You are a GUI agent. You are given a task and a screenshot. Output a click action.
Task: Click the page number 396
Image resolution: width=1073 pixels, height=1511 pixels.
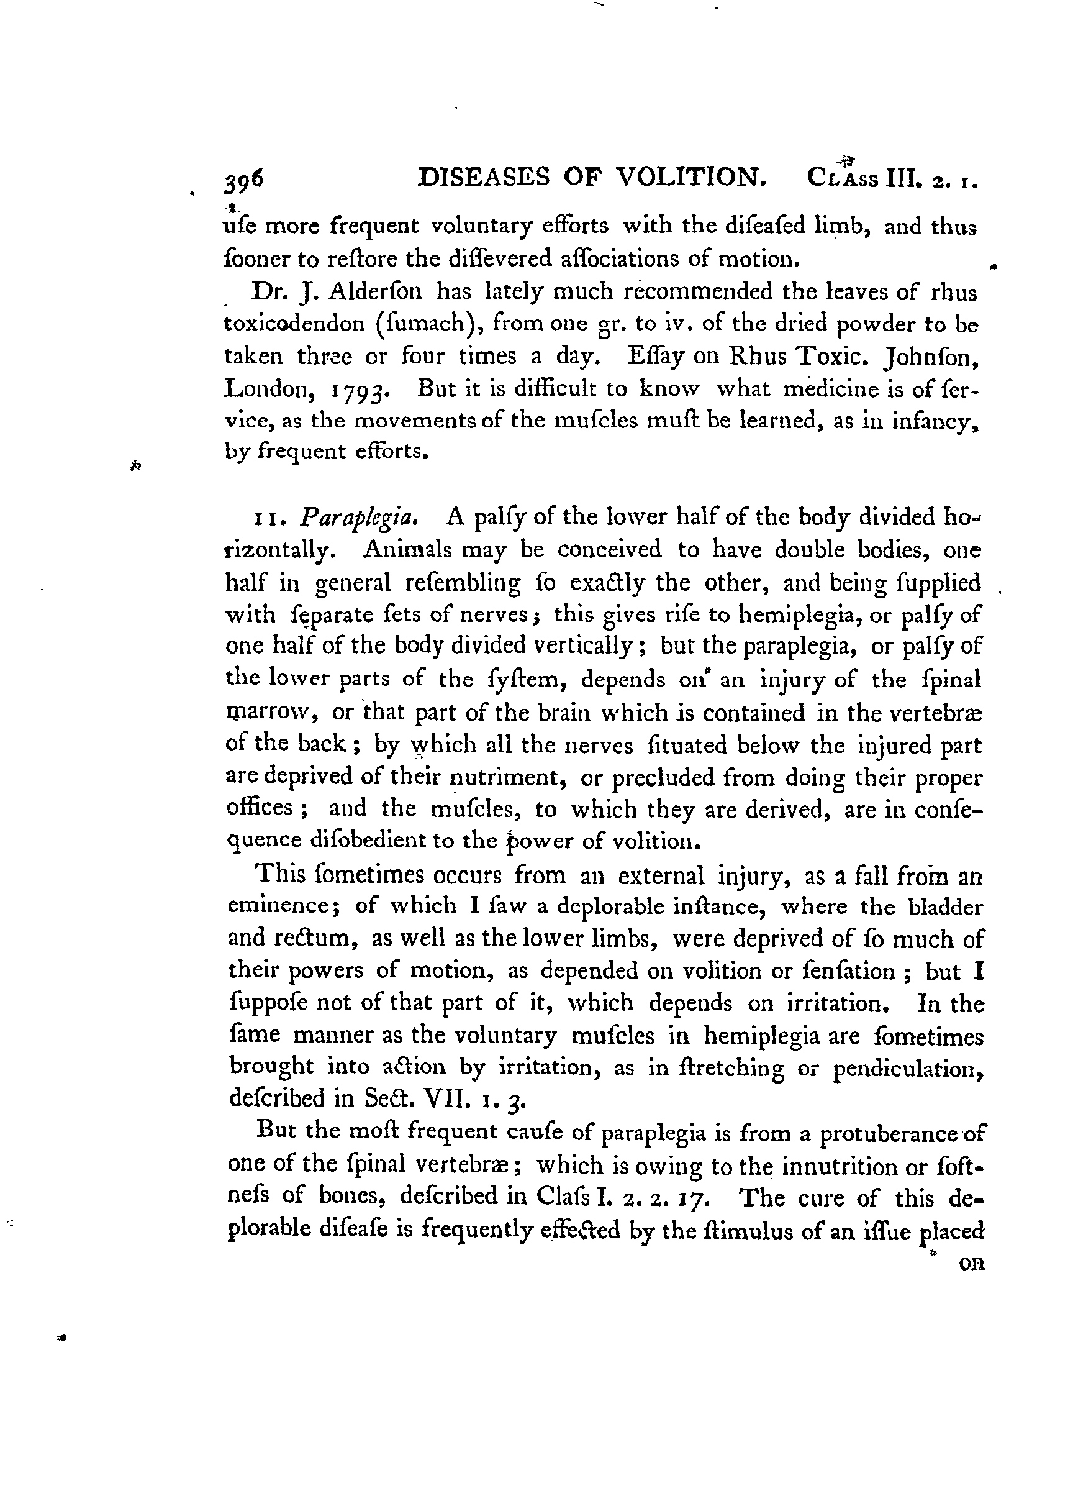point(244,180)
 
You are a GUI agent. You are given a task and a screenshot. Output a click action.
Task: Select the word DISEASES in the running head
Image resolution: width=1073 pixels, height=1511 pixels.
point(486,177)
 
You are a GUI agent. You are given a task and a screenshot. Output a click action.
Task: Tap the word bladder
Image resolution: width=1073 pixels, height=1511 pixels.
point(946,906)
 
